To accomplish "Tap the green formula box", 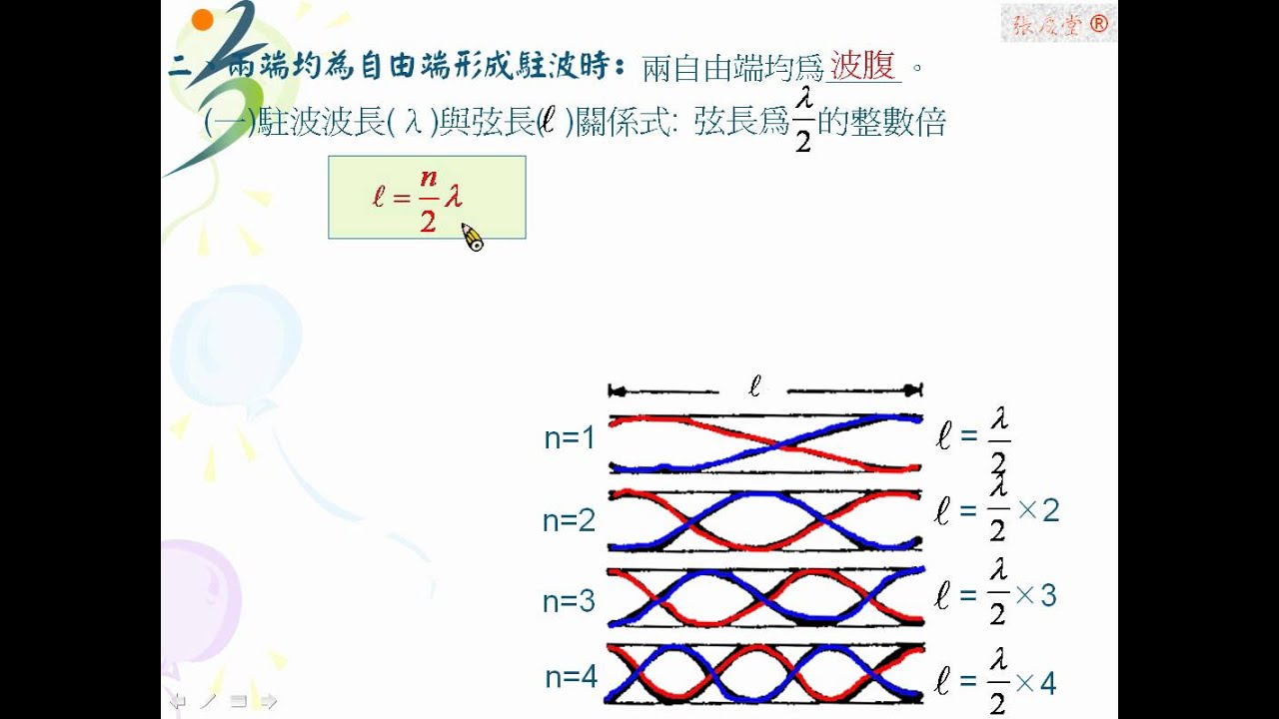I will (x=427, y=197).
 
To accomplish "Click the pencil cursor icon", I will (x=472, y=239).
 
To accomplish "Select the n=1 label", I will (x=570, y=437).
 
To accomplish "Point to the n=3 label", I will (x=570, y=601).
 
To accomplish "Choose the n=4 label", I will (x=571, y=678).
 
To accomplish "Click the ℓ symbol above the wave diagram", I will (x=754, y=386).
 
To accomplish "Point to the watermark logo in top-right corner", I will (x=1058, y=24).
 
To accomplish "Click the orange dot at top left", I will (x=203, y=19).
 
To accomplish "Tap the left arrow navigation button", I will (x=178, y=700).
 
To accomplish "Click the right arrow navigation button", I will (x=268, y=700).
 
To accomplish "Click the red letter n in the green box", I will (x=429, y=177).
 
